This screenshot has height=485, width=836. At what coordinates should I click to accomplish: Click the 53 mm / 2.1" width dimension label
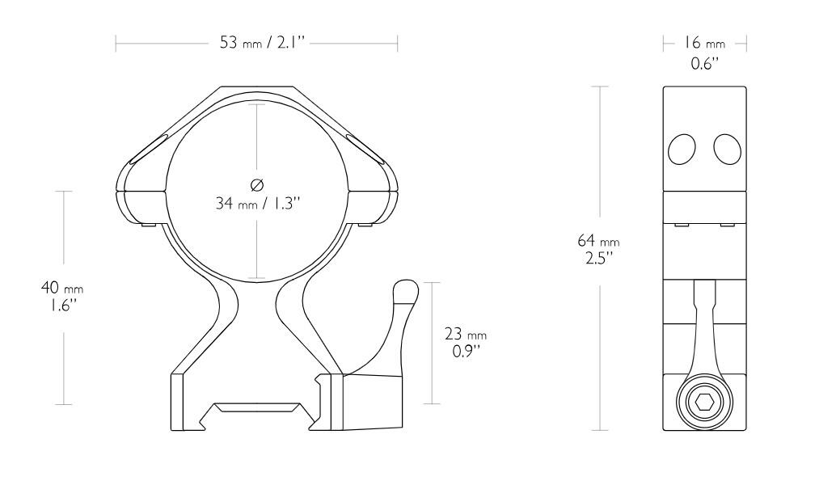pyautogui.click(x=257, y=42)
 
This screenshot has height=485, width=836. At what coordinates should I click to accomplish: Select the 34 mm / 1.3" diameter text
pyautogui.click(x=257, y=203)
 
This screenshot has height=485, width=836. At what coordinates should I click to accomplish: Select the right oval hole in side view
pyautogui.click(x=726, y=148)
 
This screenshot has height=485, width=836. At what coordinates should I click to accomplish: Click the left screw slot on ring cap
pyautogui.click(x=146, y=148)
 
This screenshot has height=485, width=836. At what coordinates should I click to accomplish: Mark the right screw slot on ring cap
pyautogui.click(x=368, y=148)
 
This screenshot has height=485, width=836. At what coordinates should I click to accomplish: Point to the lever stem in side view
pyautogui.click(x=704, y=323)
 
